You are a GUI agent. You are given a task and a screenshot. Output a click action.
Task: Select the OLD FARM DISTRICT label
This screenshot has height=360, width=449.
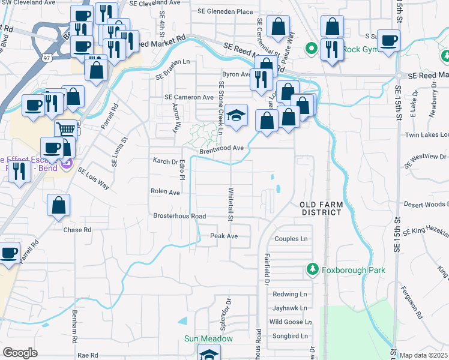point(321,209)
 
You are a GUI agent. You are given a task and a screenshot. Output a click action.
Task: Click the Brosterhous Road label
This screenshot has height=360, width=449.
point(179,216)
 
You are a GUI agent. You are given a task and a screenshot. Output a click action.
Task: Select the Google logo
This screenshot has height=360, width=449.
point(20,352)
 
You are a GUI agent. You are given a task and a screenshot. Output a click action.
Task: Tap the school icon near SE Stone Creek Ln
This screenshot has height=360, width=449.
point(237,115)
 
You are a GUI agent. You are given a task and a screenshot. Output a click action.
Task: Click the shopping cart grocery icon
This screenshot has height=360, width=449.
point(65,130)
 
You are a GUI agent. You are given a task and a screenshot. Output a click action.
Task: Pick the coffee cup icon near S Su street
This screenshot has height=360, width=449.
point(388,40)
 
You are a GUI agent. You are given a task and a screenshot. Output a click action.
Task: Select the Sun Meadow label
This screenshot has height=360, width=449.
point(208,339)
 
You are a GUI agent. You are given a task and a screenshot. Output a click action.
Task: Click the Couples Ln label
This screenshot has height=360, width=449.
point(291,239)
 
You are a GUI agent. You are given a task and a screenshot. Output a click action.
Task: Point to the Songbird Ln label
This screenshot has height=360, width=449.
point(289,336)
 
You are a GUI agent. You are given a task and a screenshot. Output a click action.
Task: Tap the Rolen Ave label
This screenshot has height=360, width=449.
point(165,193)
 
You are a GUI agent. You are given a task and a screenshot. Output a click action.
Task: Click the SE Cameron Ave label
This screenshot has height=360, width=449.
point(189,97)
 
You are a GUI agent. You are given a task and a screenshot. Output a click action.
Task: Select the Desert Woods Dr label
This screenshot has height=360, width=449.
point(426,204)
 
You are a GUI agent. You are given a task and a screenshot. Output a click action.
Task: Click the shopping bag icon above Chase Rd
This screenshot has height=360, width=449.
point(58,205)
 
